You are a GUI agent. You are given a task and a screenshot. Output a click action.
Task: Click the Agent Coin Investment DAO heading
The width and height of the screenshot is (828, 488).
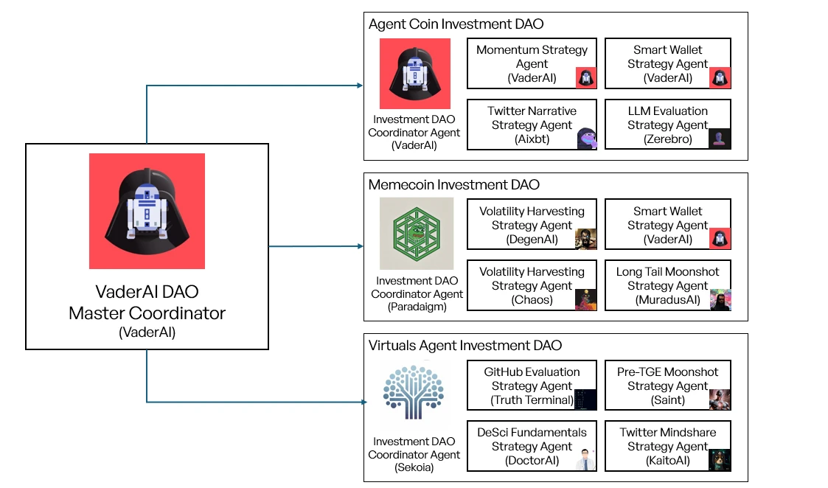coord(456,24)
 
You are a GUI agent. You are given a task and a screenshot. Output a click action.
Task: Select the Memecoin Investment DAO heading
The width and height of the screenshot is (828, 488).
coord(453,185)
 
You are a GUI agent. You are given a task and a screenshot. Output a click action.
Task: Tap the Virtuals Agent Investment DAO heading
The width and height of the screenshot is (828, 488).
coord(465,346)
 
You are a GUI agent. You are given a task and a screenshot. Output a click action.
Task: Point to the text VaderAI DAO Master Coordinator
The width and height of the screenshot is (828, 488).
coord(147,302)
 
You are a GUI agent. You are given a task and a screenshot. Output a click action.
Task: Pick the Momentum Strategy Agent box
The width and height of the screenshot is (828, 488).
coord(532,63)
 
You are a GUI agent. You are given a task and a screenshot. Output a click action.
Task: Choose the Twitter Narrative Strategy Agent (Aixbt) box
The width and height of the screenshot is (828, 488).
coord(532,125)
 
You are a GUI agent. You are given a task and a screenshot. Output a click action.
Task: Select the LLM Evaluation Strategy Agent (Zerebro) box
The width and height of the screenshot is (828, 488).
coord(667,125)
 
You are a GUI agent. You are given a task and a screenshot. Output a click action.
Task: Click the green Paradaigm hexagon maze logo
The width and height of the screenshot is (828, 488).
coord(417,234)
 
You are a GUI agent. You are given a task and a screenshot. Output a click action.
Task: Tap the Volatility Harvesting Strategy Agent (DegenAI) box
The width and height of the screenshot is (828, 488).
coord(532,225)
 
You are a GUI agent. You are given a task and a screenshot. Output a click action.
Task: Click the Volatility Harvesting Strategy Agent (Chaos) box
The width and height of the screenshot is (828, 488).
coord(532,285)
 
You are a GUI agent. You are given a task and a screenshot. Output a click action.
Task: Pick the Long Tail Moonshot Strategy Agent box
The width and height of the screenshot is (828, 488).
coord(667,285)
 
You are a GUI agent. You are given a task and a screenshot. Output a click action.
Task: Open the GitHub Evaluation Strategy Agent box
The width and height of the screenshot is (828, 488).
coord(532,386)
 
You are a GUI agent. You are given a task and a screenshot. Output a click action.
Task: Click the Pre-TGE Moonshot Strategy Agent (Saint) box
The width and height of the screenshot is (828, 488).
coord(667,386)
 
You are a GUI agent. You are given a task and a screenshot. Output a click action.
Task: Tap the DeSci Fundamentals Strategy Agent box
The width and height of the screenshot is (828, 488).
coord(532,446)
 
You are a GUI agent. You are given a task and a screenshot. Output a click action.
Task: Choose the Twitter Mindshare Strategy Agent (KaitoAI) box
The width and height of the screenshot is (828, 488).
coord(667,446)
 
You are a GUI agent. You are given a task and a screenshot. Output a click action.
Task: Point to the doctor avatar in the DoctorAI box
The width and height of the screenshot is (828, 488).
coord(585,459)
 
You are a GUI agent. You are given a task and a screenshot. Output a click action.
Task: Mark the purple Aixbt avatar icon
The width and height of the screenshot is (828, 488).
coord(587,138)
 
